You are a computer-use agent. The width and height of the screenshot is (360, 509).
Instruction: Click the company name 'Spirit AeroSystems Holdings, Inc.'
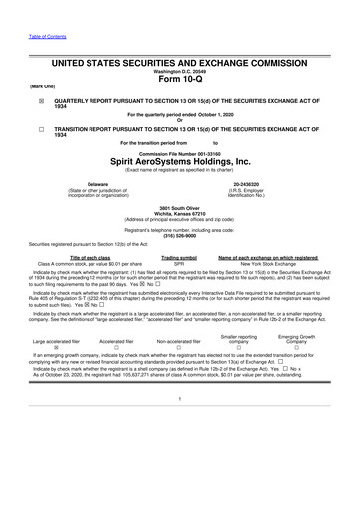click(x=179, y=162)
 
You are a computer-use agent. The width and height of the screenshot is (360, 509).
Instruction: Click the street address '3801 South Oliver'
click(x=179, y=207)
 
